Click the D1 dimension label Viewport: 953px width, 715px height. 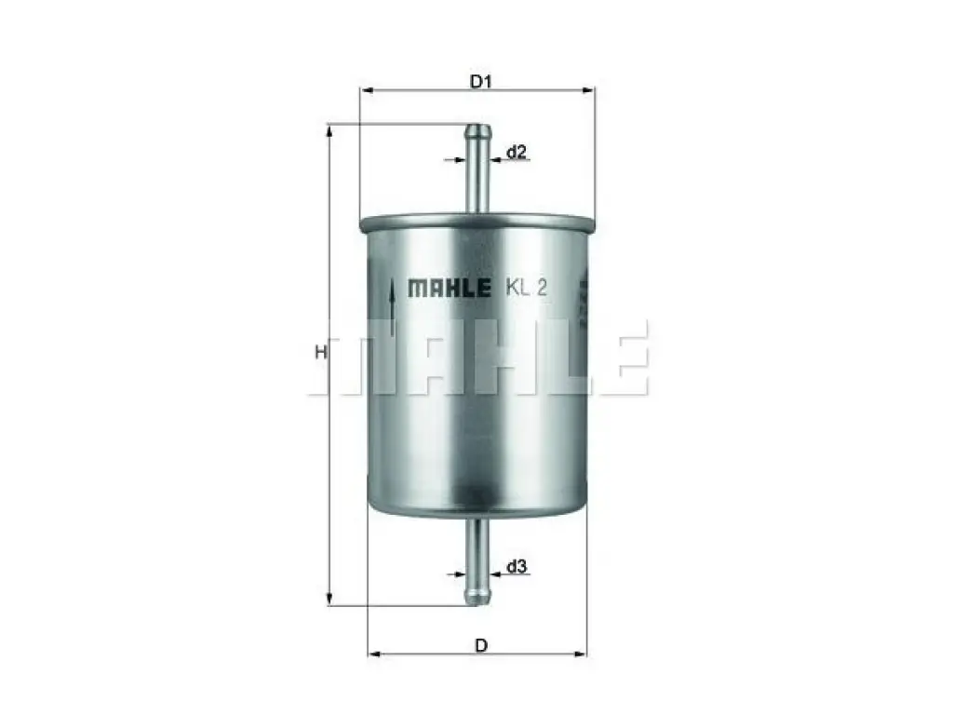click(x=481, y=81)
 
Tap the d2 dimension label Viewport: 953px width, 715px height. click(x=516, y=152)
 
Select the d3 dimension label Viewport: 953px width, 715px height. click(x=517, y=567)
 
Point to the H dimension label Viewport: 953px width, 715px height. click(x=321, y=351)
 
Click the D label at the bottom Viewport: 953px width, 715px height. click(x=481, y=645)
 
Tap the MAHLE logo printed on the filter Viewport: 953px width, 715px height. click(x=450, y=289)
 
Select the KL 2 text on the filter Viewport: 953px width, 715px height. click(x=527, y=288)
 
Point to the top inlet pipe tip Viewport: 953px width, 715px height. click(x=478, y=128)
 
